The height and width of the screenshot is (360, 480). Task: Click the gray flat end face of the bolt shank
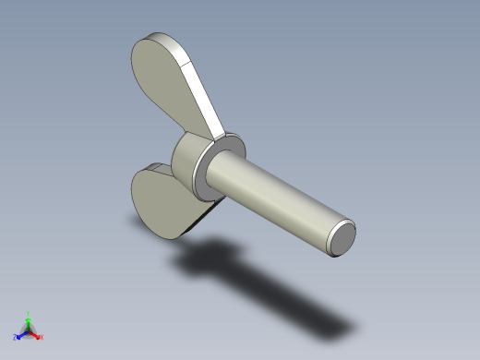(342, 238)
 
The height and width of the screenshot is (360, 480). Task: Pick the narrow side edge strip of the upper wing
(205, 98)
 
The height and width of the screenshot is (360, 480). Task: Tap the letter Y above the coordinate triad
(29, 313)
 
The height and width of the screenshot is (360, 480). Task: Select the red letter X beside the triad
(42, 338)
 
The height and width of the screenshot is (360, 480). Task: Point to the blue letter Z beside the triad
(16, 337)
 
